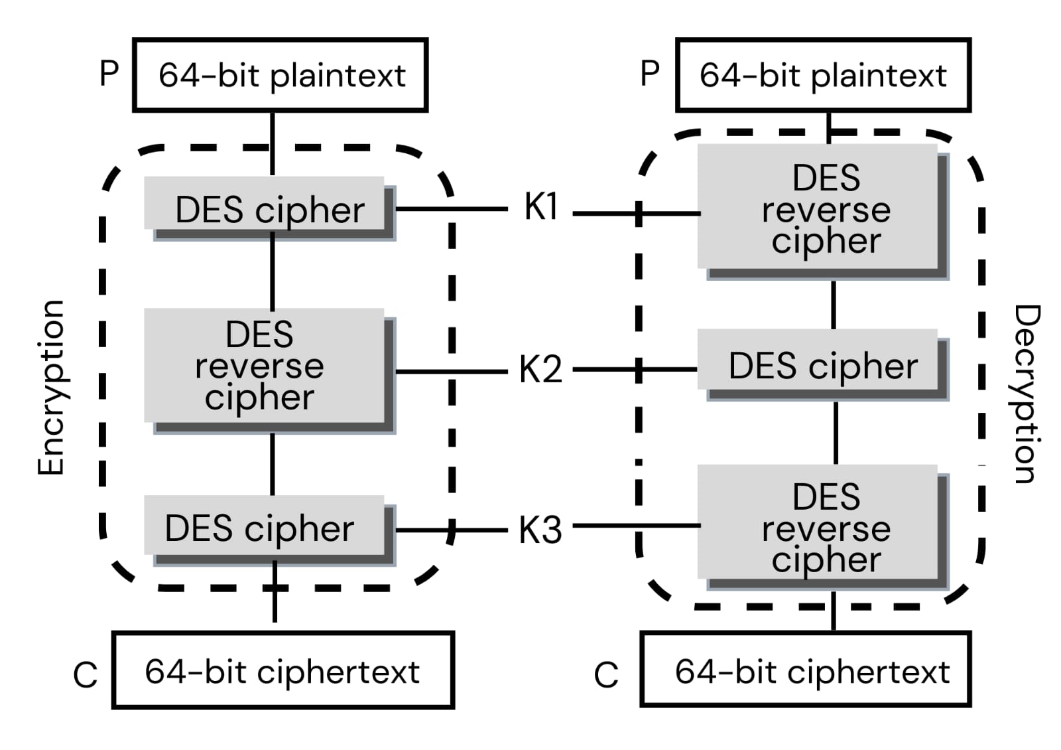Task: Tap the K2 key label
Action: tap(540, 369)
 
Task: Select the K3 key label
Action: tap(540, 530)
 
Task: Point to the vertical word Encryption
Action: tap(51, 388)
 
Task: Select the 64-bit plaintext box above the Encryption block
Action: tap(280, 75)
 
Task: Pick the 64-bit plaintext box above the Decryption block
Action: tap(823, 75)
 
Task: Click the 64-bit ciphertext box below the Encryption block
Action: tap(283, 670)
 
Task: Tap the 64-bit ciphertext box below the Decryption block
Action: tap(806, 670)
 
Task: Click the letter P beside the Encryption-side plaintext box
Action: tap(109, 73)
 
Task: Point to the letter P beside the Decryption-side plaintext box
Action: tap(650, 73)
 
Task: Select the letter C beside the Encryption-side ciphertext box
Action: tap(86, 675)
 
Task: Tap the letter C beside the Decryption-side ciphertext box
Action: tap(606, 675)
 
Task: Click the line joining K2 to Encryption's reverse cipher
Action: tap(451, 371)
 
